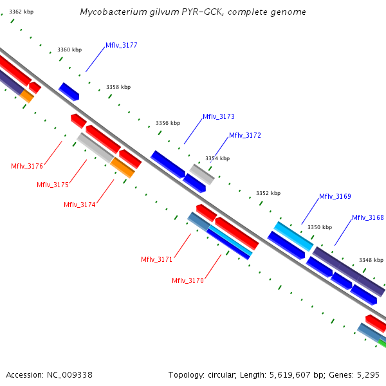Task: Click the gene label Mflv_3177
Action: [121, 46]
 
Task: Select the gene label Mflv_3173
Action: [219, 117]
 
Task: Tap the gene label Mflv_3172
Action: [245, 136]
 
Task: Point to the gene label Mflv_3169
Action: [335, 197]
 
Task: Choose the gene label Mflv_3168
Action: [367, 218]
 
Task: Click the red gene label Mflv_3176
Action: [27, 167]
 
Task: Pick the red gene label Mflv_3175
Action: [53, 185]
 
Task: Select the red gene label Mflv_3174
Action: [80, 205]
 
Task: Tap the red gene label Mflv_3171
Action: [157, 260]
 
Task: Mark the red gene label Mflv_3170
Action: [188, 281]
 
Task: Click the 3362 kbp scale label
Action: [21, 12]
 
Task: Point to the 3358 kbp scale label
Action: [118, 87]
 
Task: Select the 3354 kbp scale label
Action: [217, 158]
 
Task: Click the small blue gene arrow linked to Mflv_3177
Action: [69, 91]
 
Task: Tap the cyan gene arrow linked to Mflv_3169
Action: [293, 237]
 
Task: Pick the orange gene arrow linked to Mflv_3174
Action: [122, 168]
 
